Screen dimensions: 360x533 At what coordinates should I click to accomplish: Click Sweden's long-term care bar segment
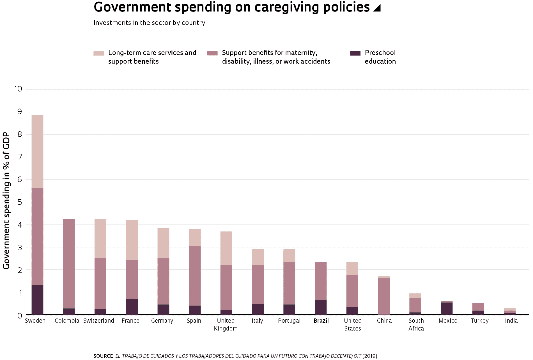click(x=37, y=152)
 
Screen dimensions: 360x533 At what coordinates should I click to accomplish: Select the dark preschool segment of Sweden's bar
click(x=37, y=300)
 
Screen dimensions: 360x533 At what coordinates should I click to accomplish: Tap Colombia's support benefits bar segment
click(x=69, y=264)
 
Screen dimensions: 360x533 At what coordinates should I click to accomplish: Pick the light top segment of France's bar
click(x=132, y=240)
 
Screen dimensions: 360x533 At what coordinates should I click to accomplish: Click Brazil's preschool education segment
click(x=321, y=307)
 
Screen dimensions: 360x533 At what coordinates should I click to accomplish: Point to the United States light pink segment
click(x=352, y=269)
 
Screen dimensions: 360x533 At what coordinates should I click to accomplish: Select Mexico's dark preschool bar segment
click(x=447, y=309)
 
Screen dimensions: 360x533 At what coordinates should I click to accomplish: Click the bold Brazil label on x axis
click(x=321, y=321)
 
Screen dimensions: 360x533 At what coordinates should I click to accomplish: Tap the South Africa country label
click(x=416, y=325)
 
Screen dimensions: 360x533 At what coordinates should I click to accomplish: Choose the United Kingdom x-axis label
click(x=226, y=325)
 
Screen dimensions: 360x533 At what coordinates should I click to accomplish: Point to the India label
click(x=511, y=321)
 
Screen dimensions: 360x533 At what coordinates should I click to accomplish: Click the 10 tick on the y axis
click(x=18, y=89)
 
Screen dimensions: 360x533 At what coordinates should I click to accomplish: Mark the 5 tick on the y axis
click(x=20, y=202)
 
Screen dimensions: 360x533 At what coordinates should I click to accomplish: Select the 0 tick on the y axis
click(x=20, y=316)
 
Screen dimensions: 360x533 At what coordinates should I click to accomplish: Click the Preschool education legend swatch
click(x=355, y=53)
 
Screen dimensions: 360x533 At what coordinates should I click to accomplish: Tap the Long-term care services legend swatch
click(x=98, y=53)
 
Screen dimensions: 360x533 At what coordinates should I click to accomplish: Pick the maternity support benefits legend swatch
click(x=212, y=53)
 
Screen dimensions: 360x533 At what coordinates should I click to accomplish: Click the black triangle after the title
click(x=377, y=8)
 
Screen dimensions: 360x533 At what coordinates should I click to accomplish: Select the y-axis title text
click(x=6, y=201)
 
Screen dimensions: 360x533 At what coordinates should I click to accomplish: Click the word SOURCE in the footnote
click(x=103, y=356)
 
